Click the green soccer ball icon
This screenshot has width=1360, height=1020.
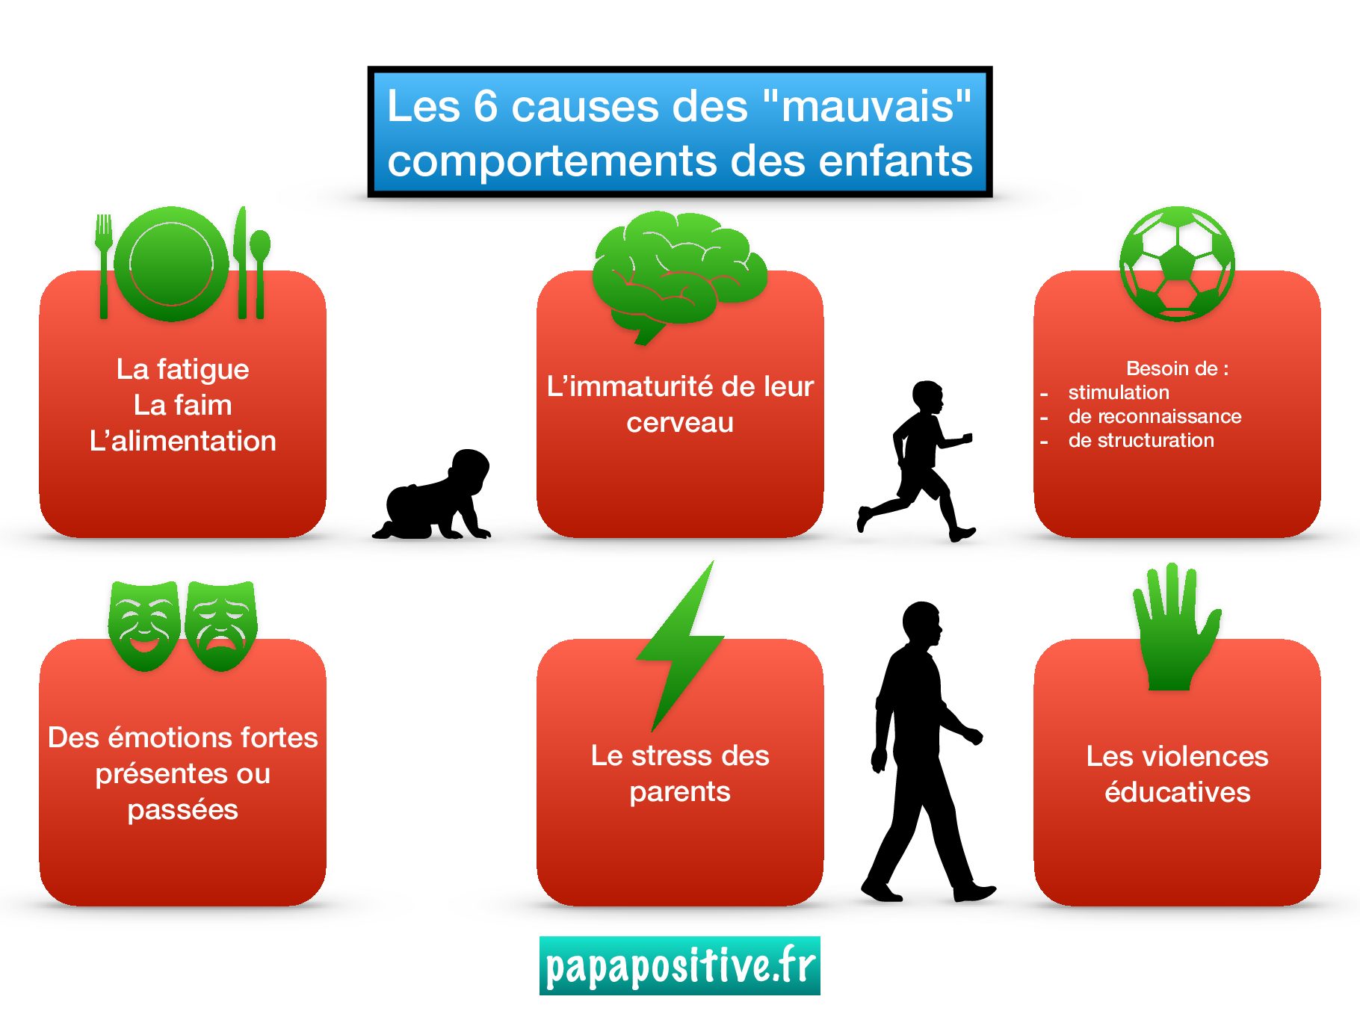[1177, 264]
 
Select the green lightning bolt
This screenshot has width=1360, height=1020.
[680, 646]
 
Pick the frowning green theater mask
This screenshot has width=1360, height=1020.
[222, 625]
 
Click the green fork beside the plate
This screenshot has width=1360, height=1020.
[104, 266]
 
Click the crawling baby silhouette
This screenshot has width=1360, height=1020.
[433, 495]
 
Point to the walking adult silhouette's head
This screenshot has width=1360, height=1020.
[922, 624]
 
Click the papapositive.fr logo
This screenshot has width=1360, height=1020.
[680, 965]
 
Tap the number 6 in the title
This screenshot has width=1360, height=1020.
[486, 105]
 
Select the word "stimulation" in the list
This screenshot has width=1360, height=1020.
[1119, 392]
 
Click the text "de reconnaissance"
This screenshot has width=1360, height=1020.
[1155, 416]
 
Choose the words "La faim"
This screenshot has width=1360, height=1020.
[183, 405]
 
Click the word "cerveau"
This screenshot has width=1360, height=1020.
[680, 423]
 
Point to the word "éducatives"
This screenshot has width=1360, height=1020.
[1178, 791]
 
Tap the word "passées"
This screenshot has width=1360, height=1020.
[183, 810]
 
